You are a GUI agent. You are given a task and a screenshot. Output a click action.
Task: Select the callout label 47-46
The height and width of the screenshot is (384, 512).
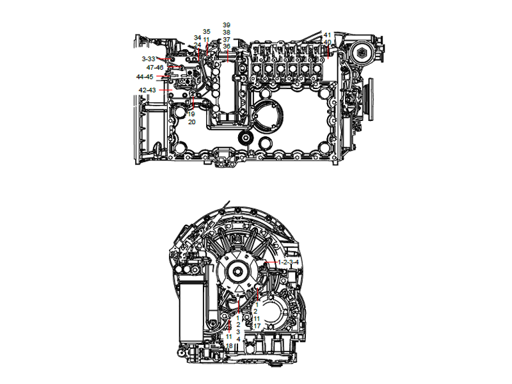pos(155,67)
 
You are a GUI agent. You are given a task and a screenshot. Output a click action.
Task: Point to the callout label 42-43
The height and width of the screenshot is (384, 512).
pos(147,90)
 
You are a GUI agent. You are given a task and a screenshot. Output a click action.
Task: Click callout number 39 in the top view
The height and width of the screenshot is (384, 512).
pos(227,25)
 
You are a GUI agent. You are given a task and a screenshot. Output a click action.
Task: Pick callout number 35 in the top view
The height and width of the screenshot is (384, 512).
pos(206,31)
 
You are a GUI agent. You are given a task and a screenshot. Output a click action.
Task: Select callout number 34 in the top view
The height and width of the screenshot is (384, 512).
pos(198,38)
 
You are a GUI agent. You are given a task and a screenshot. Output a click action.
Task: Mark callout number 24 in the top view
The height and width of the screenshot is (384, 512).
pos(198,45)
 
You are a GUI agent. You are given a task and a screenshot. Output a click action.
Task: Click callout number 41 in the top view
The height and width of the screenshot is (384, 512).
pos(327,35)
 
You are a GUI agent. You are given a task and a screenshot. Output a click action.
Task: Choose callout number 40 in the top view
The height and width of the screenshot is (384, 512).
pos(327,42)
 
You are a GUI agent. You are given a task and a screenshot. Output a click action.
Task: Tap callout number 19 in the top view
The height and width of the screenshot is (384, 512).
pos(191,114)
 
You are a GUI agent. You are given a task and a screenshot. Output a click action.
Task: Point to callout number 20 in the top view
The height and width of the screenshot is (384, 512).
pos(191,122)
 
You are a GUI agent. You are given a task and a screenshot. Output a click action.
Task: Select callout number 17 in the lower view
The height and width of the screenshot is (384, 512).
pos(257,326)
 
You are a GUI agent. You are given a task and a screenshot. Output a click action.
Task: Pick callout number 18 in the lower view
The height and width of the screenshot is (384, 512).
pos(229,346)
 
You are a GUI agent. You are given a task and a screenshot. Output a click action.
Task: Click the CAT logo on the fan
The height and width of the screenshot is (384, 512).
pos(238,255)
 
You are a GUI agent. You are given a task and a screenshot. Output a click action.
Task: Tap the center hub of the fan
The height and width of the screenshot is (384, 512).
pos(237,271)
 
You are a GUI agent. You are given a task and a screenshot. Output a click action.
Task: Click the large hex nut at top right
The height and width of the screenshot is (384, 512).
pos(363,52)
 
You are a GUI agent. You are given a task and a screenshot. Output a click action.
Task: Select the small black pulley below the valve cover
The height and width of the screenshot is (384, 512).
pos(244,138)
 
